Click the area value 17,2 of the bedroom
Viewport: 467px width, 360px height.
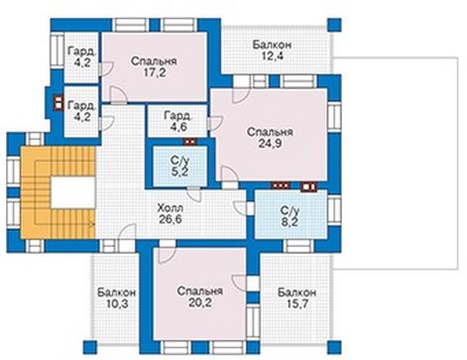pyautogui.click(x=154, y=72)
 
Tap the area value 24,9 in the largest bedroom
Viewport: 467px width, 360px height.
pyautogui.click(x=270, y=144)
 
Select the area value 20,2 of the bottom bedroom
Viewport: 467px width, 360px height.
pyautogui.click(x=199, y=302)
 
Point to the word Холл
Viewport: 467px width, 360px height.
pyautogui.click(x=170, y=208)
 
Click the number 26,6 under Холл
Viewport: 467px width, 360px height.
pyautogui.click(x=170, y=219)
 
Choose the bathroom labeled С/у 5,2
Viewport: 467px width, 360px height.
pyautogui.click(x=180, y=167)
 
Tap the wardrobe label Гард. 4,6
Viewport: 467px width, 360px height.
pyautogui.click(x=177, y=122)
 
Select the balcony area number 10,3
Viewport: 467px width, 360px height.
pyautogui.click(x=117, y=303)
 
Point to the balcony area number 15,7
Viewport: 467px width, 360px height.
pyautogui.click(x=296, y=303)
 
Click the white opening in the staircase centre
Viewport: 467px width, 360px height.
pyautogui.click(x=72, y=192)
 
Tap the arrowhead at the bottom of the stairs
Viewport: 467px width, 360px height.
pyautogui.click(x=91, y=224)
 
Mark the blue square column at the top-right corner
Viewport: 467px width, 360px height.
pyautogui.click(x=334, y=25)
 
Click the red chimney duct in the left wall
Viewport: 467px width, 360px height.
pyautogui.click(x=58, y=102)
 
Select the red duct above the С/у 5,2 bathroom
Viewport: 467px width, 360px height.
pyautogui.click(x=190, y=142)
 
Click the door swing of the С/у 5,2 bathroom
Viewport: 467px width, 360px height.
pyautogui.click(x=194, y=195)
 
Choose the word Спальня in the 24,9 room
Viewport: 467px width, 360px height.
pyautogui.click(x=270, y=132)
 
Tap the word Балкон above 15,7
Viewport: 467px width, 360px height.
pyautogui.click(x=296, y=293)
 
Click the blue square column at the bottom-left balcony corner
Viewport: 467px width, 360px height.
pyautogui.click(x=89, y=348)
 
